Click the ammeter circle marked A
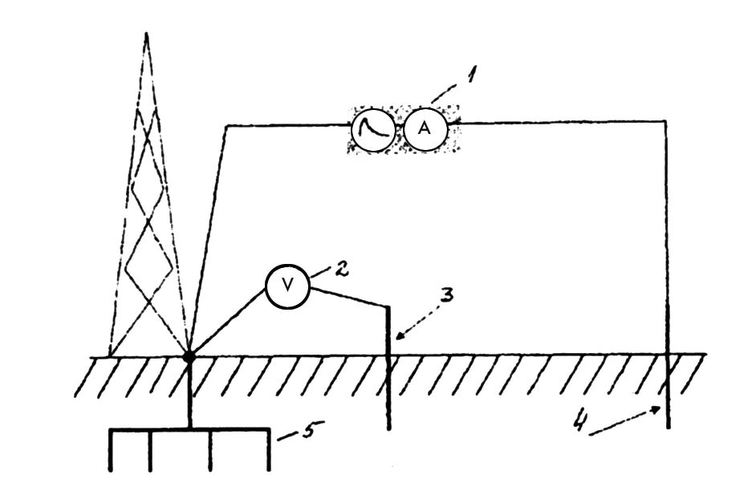click(424, 128)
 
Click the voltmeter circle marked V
click(287, 286)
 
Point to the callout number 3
click(446, 295)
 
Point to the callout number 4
click(579, 418)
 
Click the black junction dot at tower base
click(189, 355)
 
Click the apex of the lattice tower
click(146, 33)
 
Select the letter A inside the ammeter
click(424, 128)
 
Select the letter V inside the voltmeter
click(287, 286)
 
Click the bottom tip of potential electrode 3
click(389, 429)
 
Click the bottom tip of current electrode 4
click(668, 429)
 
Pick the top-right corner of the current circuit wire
click(667, 121)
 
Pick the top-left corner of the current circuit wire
click(227, 124)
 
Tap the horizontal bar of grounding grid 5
click(189, 430)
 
